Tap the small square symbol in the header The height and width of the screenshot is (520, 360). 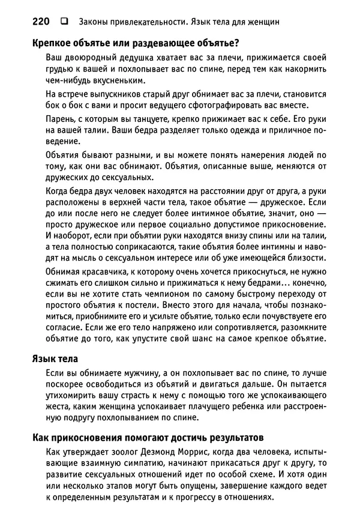point(63,22)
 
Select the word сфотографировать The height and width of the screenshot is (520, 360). point(226,107)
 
